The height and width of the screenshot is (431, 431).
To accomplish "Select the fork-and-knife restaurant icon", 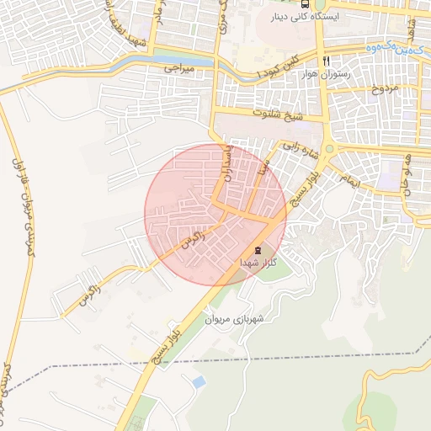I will tap(326, 61).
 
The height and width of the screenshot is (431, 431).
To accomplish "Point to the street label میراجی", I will tap(178, 65).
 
